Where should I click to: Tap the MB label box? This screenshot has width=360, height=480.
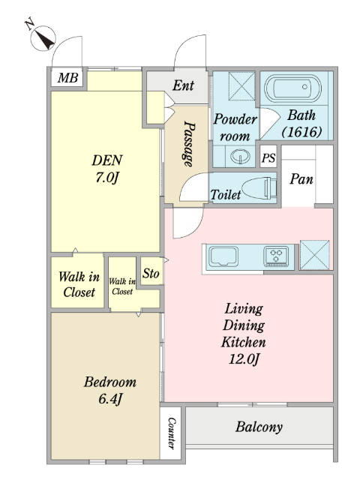coord(67,78)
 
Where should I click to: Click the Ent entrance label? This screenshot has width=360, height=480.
coord(183,85)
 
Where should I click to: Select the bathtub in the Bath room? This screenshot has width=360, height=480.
coord(293,88)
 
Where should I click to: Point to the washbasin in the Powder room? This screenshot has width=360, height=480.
coord(240,157)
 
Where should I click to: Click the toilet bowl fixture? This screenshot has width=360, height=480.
coord(259,187)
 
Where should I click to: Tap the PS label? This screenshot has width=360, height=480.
coord(268,158)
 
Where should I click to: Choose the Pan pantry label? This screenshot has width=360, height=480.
coord(301,178)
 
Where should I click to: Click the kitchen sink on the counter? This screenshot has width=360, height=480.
coord(223,257)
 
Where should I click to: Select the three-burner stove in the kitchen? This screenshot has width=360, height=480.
coord(276,256)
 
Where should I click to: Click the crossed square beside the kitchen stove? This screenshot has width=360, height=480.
coord(315,255)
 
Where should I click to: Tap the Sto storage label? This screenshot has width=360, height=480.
coord(151,273)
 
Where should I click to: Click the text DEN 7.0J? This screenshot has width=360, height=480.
coord(107,169)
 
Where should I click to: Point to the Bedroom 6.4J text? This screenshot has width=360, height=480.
coord(110,391)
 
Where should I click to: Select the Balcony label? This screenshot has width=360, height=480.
coord(259,427)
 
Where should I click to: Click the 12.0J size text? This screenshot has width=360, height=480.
coord(244,358)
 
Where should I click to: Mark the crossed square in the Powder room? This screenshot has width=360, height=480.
coord(241,86)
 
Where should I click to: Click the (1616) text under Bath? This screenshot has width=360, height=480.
coord(301,132)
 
